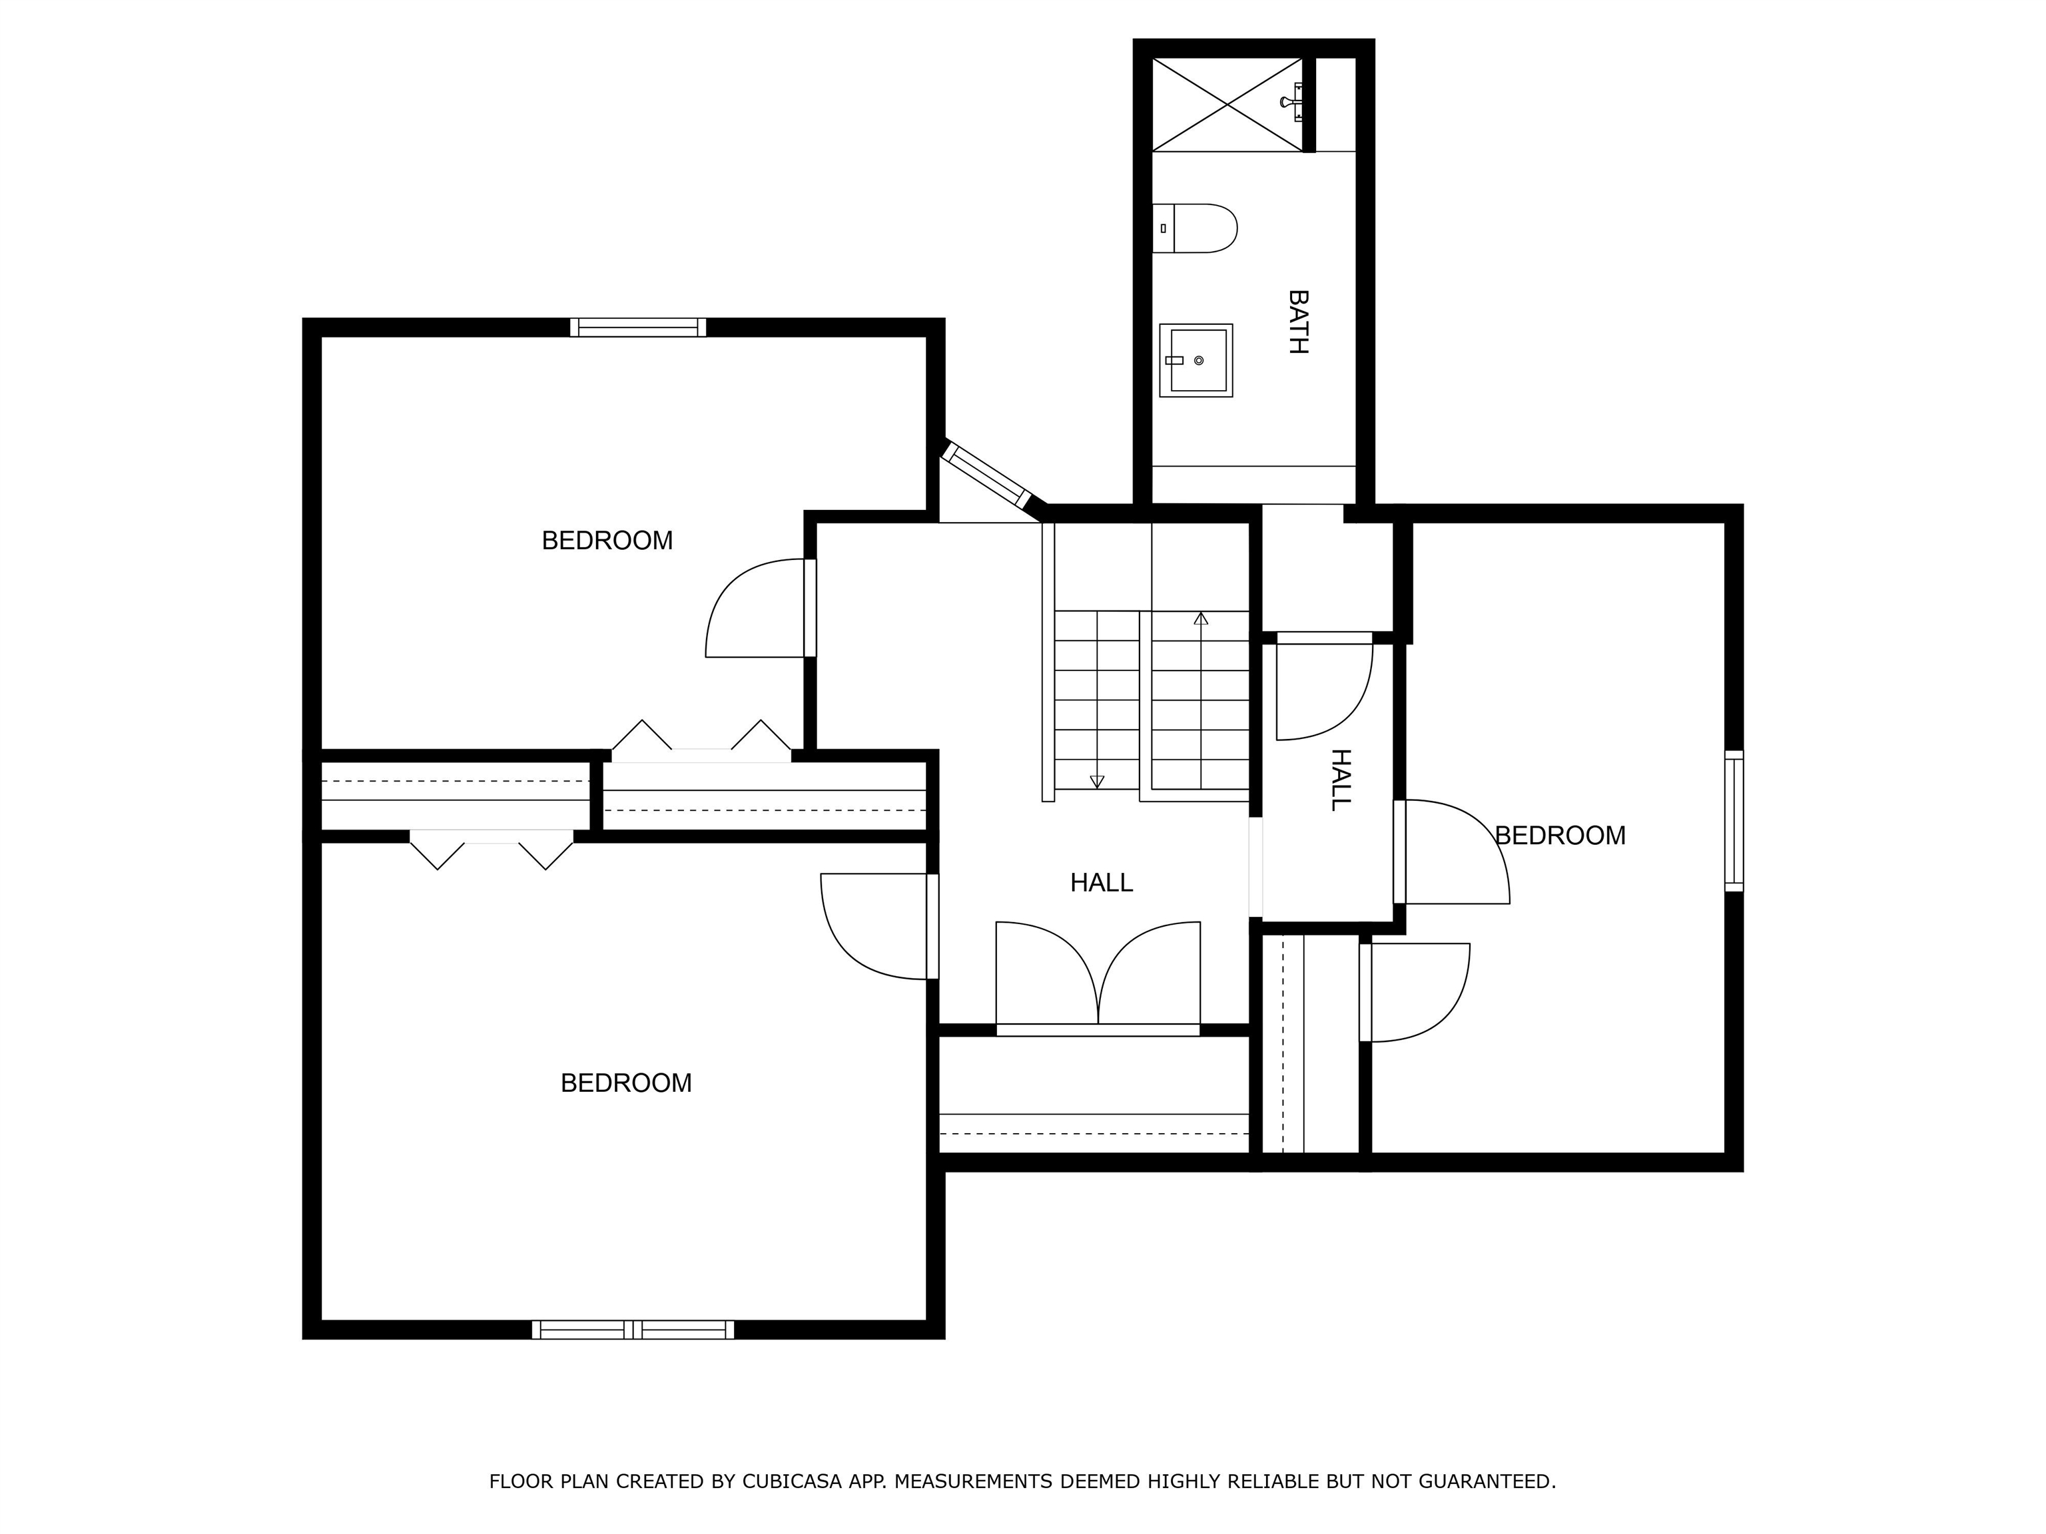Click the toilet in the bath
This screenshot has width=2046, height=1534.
coord(1194,228)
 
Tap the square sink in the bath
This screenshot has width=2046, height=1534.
coord(1196,361)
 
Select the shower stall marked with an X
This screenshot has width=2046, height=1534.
coord(1227,105)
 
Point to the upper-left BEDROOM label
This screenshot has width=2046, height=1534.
coord(607,541)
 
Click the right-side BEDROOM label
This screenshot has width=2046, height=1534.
coord(1560,836)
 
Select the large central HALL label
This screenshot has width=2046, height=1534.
coord(1102,883)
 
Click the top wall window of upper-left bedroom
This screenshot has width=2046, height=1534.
coord(638,328)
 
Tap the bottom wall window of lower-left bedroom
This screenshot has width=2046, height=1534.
coord(633,1330)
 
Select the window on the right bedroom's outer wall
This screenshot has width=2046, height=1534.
coord(1734,821)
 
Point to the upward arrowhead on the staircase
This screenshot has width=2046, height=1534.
coord(1201,618)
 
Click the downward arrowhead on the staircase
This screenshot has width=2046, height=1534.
coord(1097,782)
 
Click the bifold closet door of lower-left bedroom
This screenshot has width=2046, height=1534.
coord(491,850)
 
